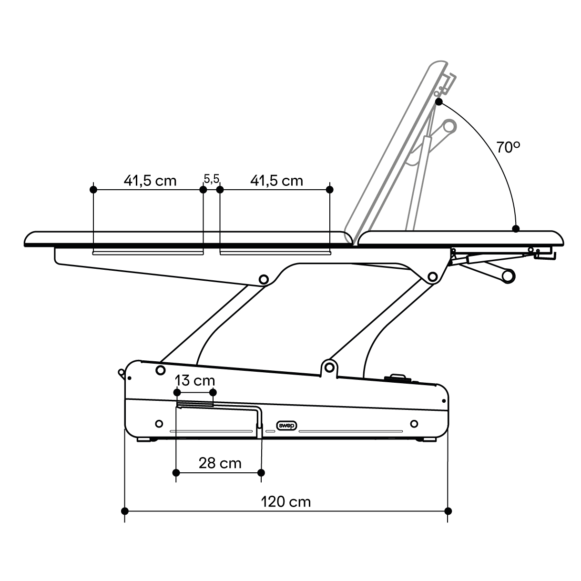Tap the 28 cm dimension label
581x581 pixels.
pyautogui.click(x=220, y=463)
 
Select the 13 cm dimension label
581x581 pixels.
pyautogui.click(x=195, y=380)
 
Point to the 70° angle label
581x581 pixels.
pyautogui.click(x=508, y=147)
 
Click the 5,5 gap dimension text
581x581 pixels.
pyautogui.click(x=211, y=179)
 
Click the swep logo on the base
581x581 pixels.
pyautogui.click(x=286, y=426)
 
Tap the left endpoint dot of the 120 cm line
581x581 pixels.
pyautogui.click(x=125, y=511)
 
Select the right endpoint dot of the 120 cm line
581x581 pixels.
pyautogui.click(x=448, y=511)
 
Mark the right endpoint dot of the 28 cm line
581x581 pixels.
pyautogui.click(x=261, y=472)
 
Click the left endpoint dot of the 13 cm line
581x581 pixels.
pyautogui.click(x=177, y=393)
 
